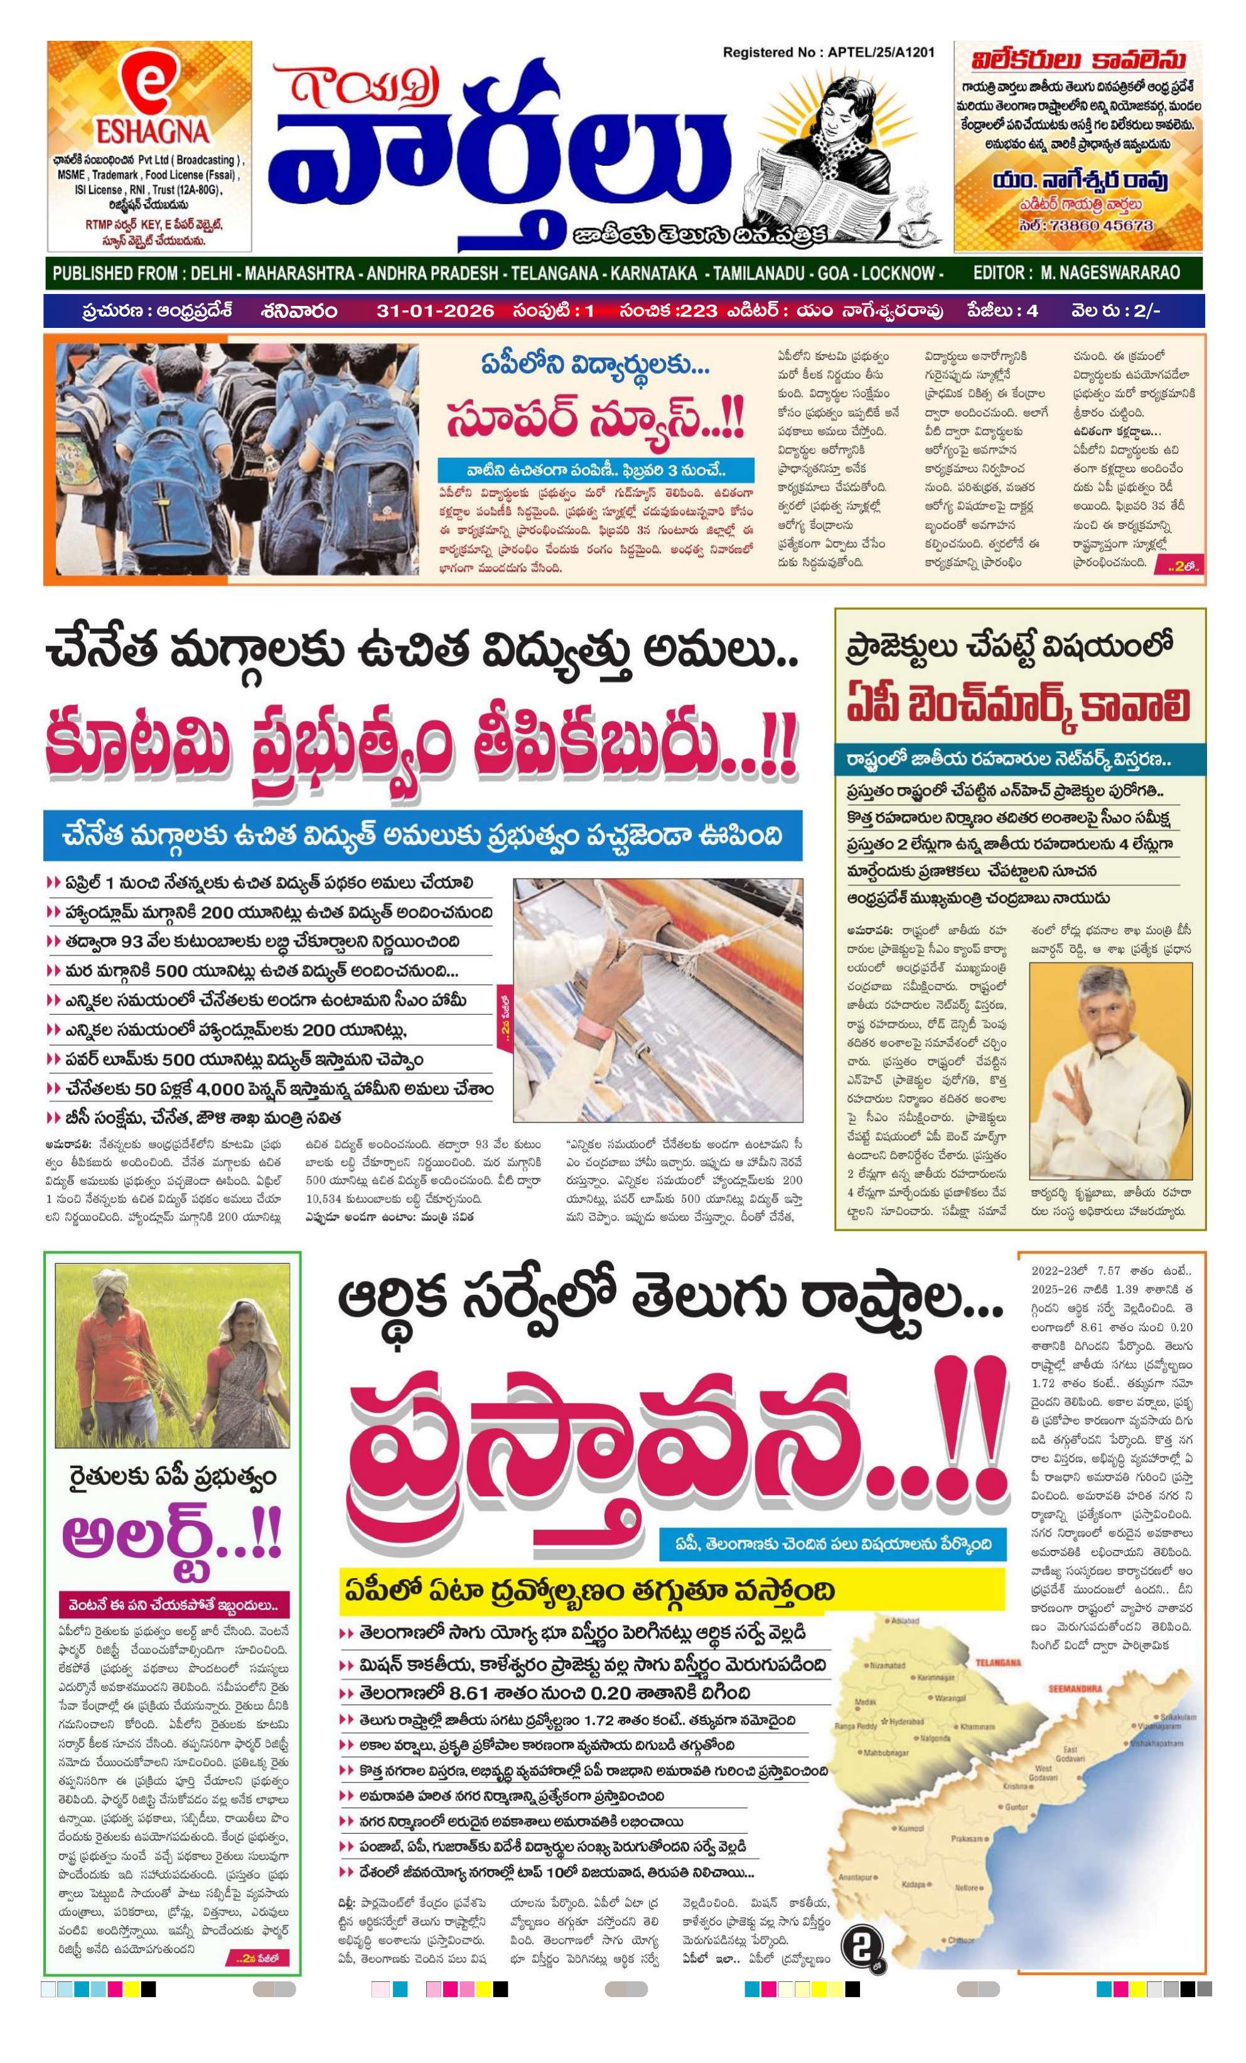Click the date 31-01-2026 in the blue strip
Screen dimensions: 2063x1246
point(432,310)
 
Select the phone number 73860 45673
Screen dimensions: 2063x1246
point(1085,226)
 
